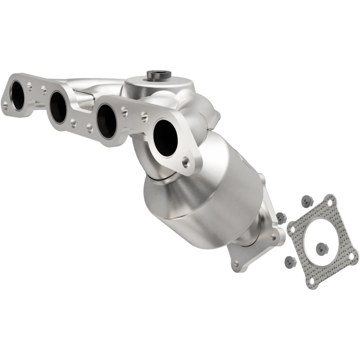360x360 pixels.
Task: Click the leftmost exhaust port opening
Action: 18,96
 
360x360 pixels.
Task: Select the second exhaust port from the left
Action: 58,108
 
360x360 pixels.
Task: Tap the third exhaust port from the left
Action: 107,121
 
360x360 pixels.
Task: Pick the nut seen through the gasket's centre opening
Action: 321,247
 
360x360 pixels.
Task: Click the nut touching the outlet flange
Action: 281,218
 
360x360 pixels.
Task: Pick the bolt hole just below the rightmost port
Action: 185,161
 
